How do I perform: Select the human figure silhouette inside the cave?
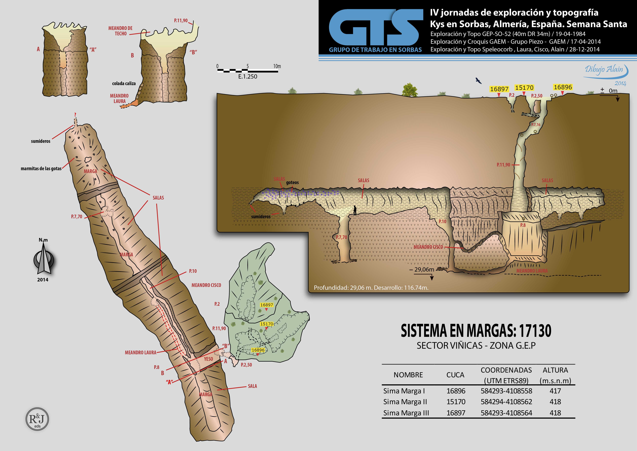355,210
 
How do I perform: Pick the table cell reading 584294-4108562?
506,402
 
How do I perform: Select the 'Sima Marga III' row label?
406,413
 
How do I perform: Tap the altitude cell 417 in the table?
555,391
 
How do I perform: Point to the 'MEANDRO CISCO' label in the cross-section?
428,247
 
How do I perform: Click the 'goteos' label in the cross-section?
292,182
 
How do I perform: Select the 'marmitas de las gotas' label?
41,169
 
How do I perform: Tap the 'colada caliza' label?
124,83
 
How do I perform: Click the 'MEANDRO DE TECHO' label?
120,31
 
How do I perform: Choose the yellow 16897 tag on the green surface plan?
266,305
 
